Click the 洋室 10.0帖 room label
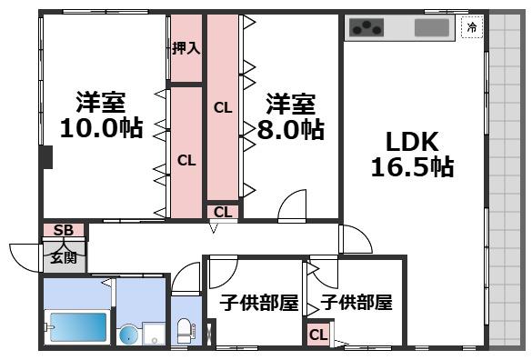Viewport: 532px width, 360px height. coord(100,115)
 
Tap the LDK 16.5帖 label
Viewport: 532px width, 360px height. coord(411,155)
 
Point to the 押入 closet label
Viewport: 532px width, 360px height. coord(186,48)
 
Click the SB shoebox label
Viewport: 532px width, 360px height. coord(63,231)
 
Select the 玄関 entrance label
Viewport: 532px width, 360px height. coord(63,257)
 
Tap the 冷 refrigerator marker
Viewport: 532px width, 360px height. coord(472,27)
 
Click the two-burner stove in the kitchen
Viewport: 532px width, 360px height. coord(367,28)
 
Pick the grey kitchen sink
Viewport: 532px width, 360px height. coord(433,27)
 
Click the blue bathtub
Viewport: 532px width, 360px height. coord(78,326)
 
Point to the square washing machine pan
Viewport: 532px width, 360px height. coord(153,334)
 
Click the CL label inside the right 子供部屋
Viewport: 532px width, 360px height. coord(317,335)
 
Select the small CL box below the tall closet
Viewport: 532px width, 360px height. coord(222,212)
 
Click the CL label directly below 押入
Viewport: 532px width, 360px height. coord(186,161)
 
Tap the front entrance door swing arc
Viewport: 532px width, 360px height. coord(22,254)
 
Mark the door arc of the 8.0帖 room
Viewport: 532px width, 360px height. coord(292,206)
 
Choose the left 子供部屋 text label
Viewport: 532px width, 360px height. coord(258,303)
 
